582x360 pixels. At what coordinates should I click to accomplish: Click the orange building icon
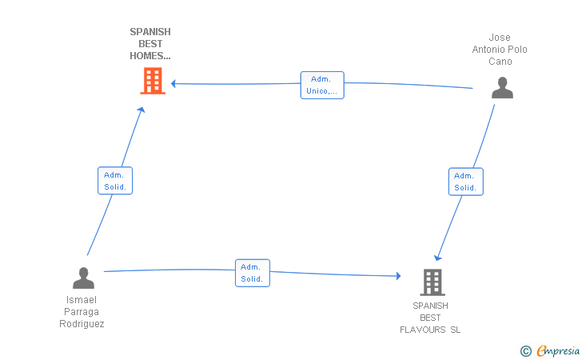coord(153,81)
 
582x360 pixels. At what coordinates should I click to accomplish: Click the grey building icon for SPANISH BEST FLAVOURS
coord(433,282)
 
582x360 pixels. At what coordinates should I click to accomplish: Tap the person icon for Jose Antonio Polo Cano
coord(502,88)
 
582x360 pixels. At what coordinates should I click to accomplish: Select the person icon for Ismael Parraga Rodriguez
coord(83,278)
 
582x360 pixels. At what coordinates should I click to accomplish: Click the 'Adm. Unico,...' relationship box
coord(322,85)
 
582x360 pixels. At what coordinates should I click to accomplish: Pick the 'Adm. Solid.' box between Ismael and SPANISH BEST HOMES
coord(115,181)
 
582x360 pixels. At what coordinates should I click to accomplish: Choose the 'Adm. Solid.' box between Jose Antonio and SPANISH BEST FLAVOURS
coord(466,182)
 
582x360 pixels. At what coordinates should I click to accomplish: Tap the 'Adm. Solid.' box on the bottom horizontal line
coord(253,273)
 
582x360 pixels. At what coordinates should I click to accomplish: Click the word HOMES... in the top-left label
coord(150,56)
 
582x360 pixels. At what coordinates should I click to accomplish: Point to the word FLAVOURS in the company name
coord(422,330)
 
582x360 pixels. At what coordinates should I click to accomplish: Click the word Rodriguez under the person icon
coord(82,324)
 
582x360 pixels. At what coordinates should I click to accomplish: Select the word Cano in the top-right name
coord(500,62)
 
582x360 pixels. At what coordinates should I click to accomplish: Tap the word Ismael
coord(82,300)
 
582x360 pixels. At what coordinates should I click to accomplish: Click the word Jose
coord(500,38)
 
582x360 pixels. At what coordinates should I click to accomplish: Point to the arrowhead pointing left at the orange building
coord(173,83)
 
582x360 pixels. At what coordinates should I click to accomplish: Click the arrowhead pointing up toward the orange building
coord(141,110)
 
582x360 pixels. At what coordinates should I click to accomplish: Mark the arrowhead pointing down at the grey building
coord(438,258)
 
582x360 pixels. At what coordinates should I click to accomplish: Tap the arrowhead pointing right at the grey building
coord(398,276)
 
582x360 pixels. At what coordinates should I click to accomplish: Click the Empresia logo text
coord(558,350)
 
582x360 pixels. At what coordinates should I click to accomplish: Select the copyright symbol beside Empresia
coord(525,351)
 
